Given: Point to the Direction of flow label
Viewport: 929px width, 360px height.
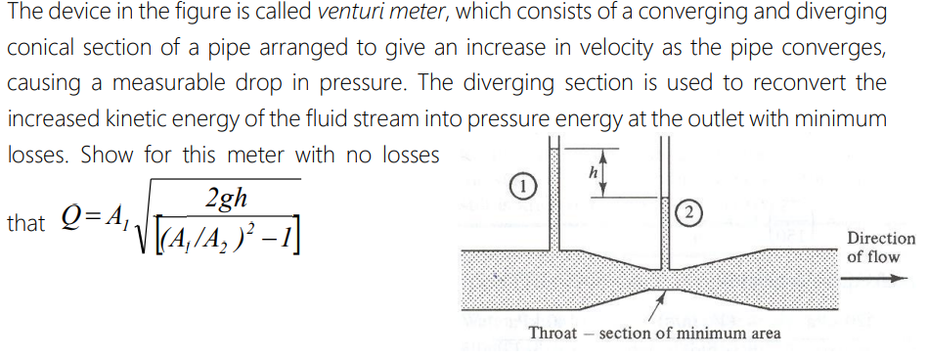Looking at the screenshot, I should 880,247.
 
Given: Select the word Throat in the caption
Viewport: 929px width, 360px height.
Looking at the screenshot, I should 553,333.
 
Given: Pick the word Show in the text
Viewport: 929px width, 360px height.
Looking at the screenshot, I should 107,155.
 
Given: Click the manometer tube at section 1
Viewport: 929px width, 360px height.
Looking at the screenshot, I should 554,196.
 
